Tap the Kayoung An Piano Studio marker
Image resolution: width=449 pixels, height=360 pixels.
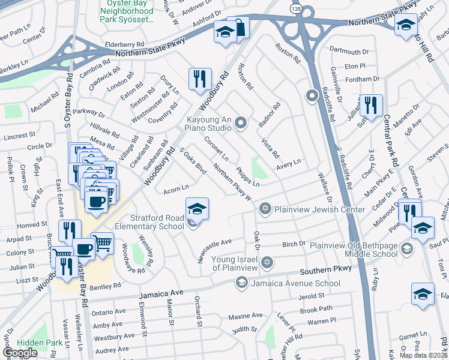pos(241,124)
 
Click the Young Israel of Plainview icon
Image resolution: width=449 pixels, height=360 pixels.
pos(267,262)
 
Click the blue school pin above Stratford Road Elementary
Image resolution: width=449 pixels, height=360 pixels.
pos(197,208)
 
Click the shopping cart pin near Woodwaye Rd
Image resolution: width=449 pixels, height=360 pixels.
pos(103,242)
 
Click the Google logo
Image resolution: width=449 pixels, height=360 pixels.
pos(19,353)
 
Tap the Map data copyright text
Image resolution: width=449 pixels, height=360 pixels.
pos(423,355)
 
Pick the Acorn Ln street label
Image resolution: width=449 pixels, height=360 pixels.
pos(176,190)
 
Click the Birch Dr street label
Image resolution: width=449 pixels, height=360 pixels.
pos(294,244)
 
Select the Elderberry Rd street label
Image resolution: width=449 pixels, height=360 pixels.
pos(125,44)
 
